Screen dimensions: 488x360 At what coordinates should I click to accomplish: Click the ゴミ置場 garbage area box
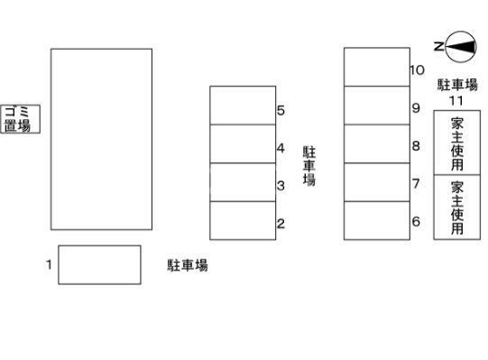16,118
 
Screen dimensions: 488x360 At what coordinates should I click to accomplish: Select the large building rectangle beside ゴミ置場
101,138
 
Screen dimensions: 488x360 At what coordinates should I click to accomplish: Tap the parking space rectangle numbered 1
99,263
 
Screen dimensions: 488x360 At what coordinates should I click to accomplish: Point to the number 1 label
49,264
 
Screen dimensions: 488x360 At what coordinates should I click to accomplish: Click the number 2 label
281,224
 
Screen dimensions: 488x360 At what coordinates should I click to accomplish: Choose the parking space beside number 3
243,182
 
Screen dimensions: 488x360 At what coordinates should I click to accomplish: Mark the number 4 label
281,148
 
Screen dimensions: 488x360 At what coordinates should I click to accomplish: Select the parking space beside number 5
243,105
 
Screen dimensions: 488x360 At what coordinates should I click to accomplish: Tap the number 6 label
416,221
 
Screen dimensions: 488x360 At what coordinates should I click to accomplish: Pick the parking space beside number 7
377,181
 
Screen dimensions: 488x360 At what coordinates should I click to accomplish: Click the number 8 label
416,145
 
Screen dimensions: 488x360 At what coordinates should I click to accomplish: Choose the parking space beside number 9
377,105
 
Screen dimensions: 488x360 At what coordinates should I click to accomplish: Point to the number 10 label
417,69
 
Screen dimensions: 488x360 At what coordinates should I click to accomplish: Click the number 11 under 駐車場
457,99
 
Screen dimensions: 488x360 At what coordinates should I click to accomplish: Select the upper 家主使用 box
457,143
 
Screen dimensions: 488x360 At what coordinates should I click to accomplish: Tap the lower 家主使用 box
457,208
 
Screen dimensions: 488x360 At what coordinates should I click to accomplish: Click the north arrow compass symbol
461,45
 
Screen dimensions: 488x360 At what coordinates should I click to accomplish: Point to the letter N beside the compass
437,45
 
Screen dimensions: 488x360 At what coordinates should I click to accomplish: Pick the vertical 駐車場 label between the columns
308,166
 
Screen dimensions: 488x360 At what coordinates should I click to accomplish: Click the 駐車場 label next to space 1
188,265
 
